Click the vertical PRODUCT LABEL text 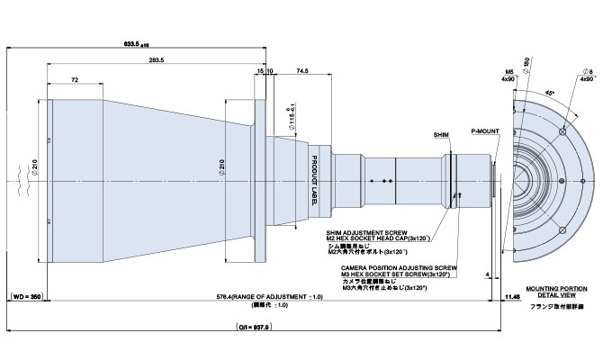pyautogui.click(x=315, y=179)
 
